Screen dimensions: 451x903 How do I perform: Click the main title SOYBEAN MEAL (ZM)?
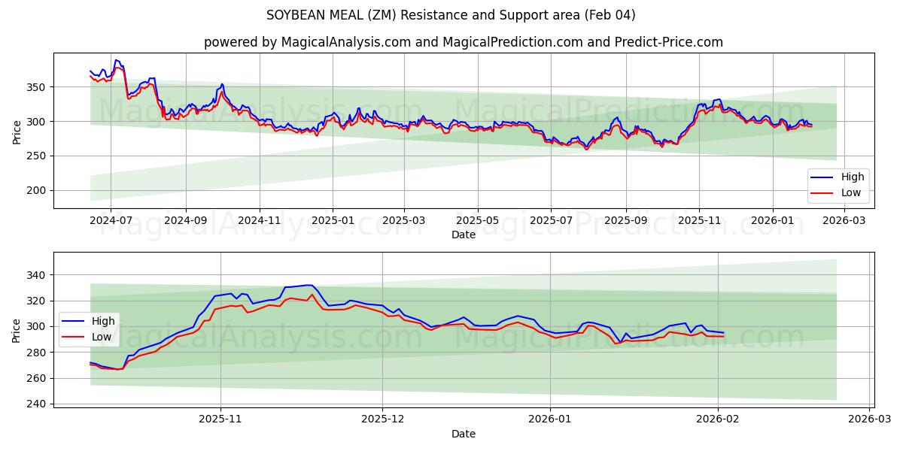[451, 15]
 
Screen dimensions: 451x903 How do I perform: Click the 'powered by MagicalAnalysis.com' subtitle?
[463, 42]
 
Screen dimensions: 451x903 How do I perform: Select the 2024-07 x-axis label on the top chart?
[111, 221]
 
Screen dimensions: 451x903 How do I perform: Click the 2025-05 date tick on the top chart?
[477, 221]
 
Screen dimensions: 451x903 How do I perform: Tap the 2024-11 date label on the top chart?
[259, 221]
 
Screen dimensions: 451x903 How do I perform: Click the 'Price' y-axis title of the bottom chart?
[17, 330]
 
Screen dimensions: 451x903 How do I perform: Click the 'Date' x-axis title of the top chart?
[463, 235]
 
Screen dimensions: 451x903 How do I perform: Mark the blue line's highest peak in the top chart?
[116, 60]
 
